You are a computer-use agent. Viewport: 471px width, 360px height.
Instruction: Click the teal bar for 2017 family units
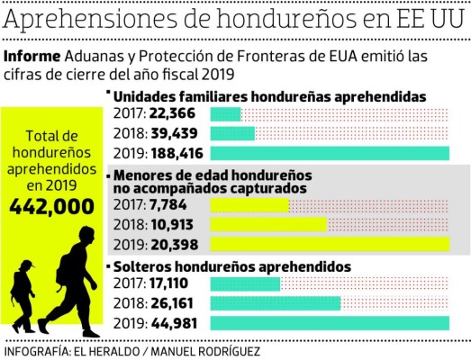coord(225,113)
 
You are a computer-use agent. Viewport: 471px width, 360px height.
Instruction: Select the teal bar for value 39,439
coord(232,133)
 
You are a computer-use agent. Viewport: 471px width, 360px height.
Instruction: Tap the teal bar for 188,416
coord(329,153)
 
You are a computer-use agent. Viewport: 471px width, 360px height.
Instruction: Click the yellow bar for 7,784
coord(249,205)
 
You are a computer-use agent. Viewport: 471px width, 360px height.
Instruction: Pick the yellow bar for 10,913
coord(268,224)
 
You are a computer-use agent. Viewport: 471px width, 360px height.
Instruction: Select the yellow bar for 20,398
coord(329,244)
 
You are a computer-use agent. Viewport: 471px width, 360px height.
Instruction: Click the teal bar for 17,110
coord(245,285)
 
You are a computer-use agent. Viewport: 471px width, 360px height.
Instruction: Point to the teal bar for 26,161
coord(275,304)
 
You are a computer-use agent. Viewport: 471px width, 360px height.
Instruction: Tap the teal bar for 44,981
coord(329,323)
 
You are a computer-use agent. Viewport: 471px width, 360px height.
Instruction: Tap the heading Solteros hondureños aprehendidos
coord(231,267)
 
